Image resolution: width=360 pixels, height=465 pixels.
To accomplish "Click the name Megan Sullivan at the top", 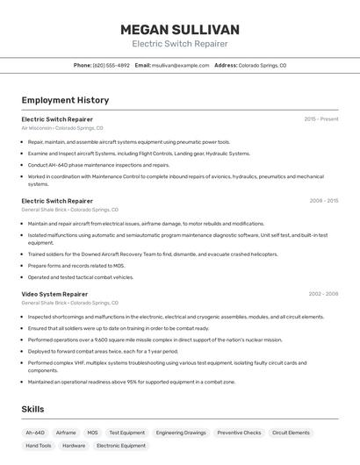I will coord(179,30).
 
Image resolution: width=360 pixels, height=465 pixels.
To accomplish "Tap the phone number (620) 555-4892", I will coord(112,65).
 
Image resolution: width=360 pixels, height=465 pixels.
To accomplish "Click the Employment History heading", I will coord(65,100).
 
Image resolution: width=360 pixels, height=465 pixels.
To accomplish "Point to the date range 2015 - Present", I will coord(321,118).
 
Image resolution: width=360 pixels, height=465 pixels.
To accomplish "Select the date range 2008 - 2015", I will coord(323,200).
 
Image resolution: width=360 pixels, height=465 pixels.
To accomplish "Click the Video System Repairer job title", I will coord(54,294).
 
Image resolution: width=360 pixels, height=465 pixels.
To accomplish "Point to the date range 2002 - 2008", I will coord(323,294).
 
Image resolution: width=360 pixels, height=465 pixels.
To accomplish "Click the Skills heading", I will coord(32,409).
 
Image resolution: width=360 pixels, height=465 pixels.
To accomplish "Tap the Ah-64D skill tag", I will coord(35,433).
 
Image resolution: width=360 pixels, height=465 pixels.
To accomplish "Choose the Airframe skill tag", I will coord(66,433).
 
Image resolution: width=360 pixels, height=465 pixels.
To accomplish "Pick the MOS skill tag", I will coord(92,433).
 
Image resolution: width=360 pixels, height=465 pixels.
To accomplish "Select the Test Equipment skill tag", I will coord(127,433).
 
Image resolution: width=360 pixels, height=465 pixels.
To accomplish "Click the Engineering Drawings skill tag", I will coord(181,433).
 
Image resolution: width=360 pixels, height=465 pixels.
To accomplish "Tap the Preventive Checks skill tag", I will coord(239,433).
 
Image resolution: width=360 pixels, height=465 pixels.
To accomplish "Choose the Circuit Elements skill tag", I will coord(291,433).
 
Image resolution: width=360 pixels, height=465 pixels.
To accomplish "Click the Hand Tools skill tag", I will coord(39,446).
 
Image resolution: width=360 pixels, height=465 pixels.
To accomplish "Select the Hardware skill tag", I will coord(74,446).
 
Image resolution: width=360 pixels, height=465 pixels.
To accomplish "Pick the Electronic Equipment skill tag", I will coord(121,446).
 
